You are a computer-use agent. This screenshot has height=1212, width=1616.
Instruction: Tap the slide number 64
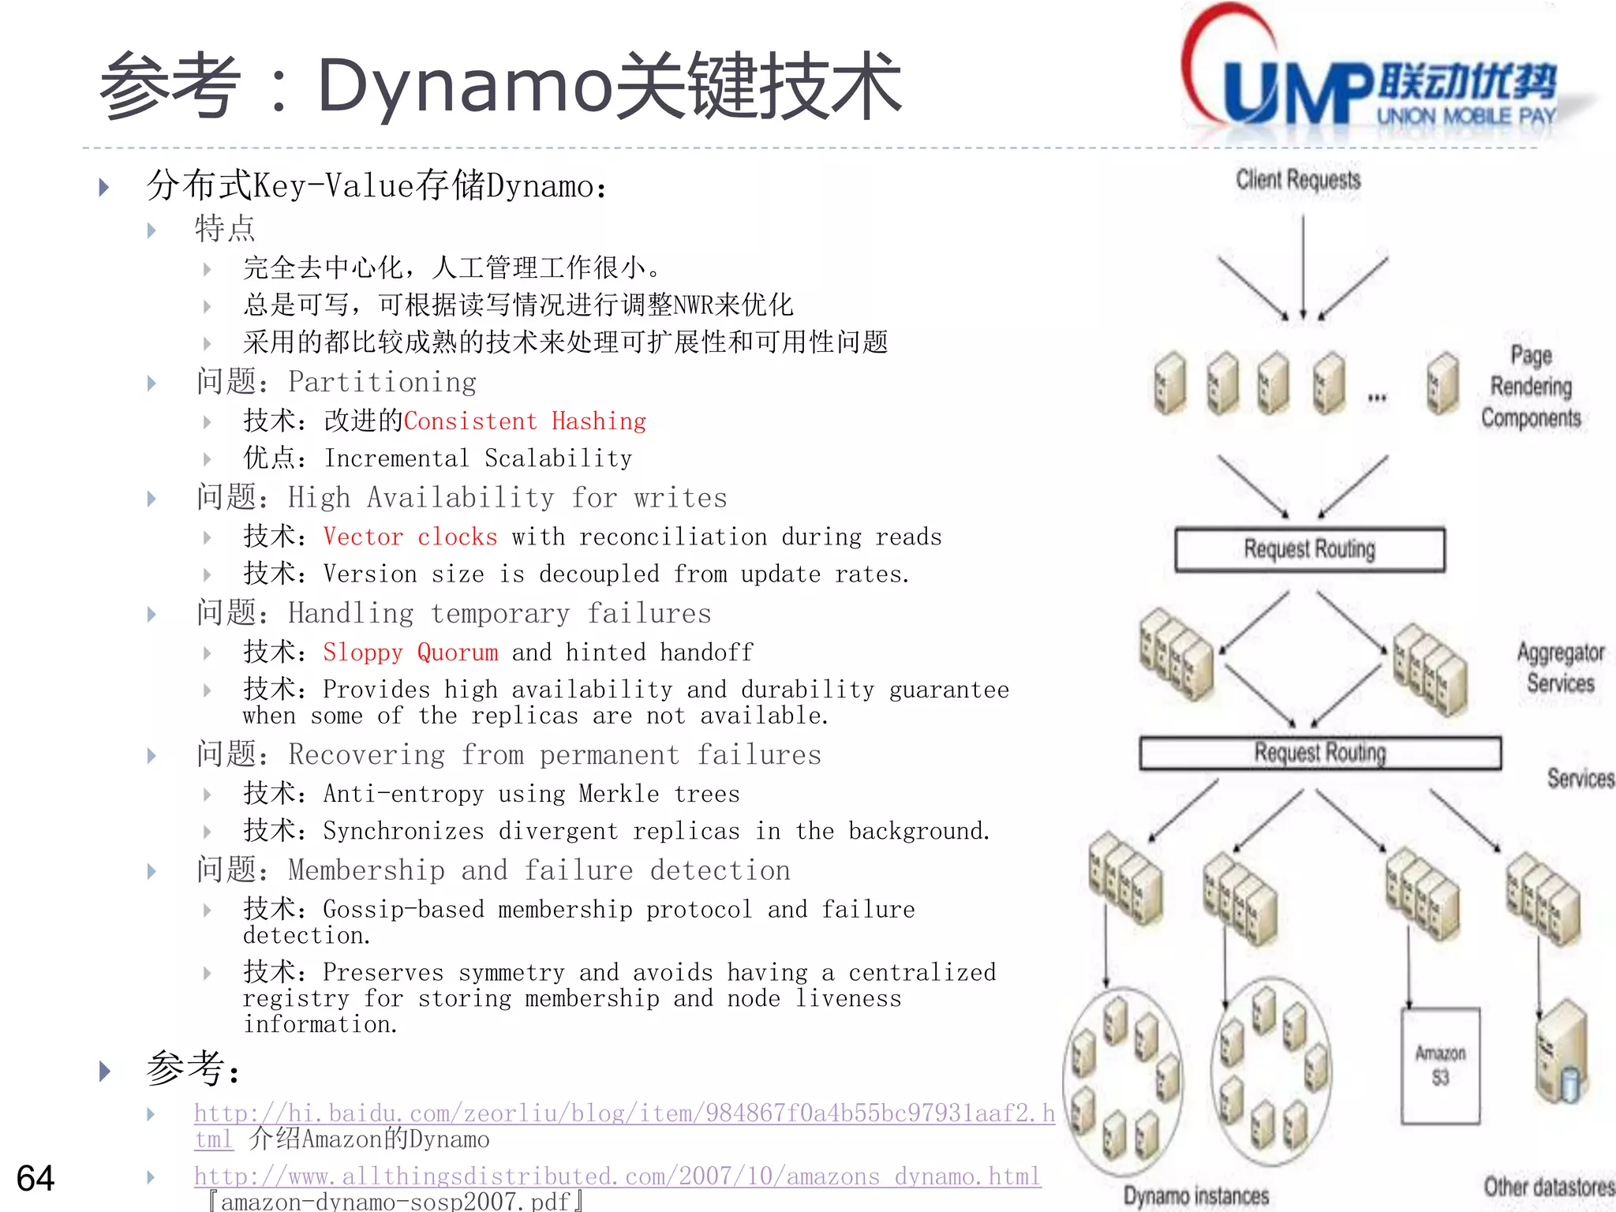tap(36, 1178)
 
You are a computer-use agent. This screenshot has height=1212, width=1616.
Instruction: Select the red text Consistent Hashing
tap(525, 421)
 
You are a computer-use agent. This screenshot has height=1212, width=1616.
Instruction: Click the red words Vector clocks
tap(410, 537)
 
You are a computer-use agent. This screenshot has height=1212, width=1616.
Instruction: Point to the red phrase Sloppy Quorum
tap(410, 653)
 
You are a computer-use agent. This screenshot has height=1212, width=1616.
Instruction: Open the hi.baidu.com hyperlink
tap(623, 1113)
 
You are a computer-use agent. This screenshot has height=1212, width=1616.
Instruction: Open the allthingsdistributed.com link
tap(617, 1176)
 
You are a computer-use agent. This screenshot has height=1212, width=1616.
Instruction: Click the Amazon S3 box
tap(1440, 1065)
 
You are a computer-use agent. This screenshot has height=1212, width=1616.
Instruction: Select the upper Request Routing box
tap(1310, 549)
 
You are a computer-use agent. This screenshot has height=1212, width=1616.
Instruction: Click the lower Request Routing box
tap(1320, 753)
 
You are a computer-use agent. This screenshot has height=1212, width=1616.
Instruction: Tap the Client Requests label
tap(1298, 180)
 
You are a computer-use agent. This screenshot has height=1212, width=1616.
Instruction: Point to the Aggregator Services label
tap(1561, 668)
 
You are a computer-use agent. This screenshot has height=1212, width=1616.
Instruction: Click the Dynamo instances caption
tap(1196, 1195)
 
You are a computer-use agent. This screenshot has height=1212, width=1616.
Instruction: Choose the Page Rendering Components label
tap(1531, 387)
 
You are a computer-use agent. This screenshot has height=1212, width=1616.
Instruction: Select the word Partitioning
tap(382, 383)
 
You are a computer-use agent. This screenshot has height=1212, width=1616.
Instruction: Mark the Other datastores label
tap(1548, 1187)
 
